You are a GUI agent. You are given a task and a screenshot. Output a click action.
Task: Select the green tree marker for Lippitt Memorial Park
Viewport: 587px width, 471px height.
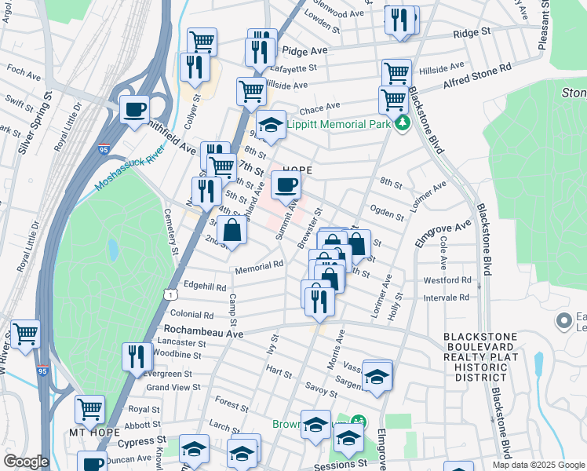[x=403, y=123]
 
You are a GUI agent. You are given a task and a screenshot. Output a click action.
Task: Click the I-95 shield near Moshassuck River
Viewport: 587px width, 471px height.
[x=104, y=149]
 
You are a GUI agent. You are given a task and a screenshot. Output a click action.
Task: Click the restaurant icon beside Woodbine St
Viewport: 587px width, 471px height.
[x=137, y=356]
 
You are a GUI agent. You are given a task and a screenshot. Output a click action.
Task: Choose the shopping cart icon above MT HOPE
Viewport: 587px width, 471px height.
[x=90, y=409]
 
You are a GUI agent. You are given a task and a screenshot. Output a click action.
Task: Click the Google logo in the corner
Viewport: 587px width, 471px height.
[x=26, y=462]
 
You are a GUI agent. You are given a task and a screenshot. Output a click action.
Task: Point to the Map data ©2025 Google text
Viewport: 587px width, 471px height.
[x=538, y=465]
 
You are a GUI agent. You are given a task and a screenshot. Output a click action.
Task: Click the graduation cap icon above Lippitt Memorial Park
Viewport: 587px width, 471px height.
[x=271, y=126]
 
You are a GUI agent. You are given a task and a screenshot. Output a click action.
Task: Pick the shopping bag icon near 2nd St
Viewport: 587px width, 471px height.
[x=232, y=231]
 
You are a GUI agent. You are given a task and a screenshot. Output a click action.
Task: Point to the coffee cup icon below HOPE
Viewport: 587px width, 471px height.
[x=286, y=185]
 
